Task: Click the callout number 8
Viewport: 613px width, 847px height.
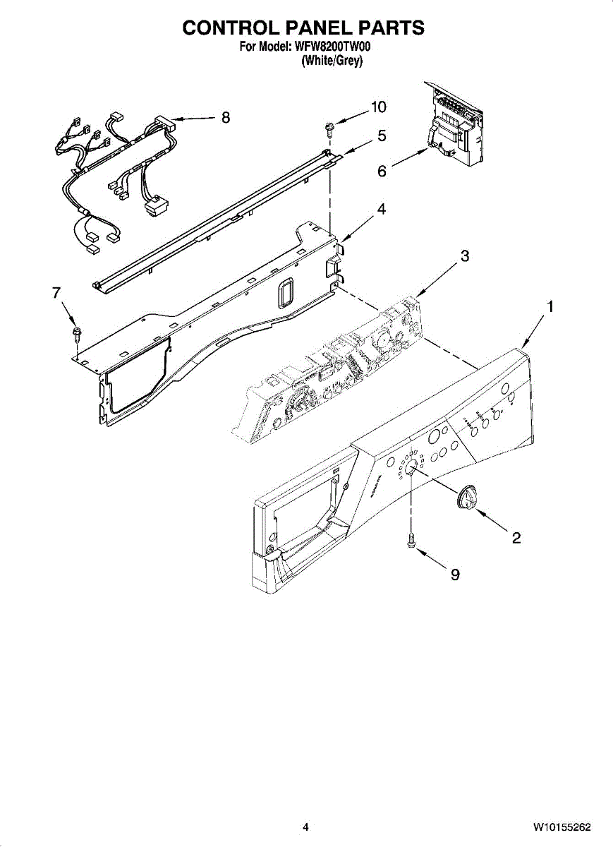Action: click(226, 118)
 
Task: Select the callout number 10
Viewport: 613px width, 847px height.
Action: click(379, 107)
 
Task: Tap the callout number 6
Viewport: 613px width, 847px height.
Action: click(382, 171)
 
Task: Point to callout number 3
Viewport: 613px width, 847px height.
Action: click(465, 256)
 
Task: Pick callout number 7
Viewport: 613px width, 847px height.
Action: click(57, 294)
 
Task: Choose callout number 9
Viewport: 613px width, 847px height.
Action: click(455, 575)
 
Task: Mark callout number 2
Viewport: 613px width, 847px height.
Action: click(516, 539)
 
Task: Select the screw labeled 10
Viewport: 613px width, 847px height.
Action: click(329, 128)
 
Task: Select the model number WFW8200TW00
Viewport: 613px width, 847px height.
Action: click(334, 47)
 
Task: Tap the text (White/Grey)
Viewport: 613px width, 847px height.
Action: click(332, 61)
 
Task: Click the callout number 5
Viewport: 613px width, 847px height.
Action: click(382, 136)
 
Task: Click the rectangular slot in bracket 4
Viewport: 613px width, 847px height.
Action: click(284, 292)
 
